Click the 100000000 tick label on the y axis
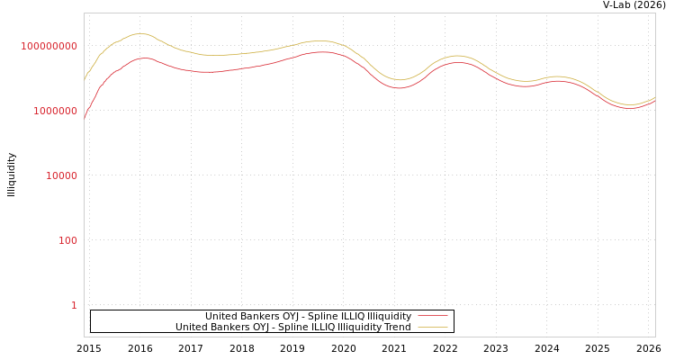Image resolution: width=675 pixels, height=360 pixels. [x=49, y=46]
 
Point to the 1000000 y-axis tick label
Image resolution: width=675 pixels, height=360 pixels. [x=56, y=111]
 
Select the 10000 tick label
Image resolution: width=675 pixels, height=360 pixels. [x=62, y=175]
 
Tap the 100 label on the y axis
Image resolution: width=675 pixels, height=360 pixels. [x=68, y=240]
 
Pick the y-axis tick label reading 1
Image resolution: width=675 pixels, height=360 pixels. [x=74, y=305]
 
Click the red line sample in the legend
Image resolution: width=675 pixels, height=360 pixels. [x=432, y=316]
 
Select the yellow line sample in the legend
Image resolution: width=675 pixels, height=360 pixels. [x=432, y=327]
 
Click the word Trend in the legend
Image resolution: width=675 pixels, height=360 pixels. [x=396, y=327]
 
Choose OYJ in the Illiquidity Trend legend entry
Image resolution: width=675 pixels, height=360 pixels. [x=275, y=327]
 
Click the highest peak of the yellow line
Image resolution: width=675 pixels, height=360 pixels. [x=141, y=33]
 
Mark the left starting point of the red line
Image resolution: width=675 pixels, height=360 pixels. [x=85, y=118]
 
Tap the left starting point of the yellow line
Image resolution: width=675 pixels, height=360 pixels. [x=85, y=79]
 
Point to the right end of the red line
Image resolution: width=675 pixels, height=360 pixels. [x=654, y=101]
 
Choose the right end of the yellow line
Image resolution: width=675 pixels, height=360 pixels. [x=654, y=97]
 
